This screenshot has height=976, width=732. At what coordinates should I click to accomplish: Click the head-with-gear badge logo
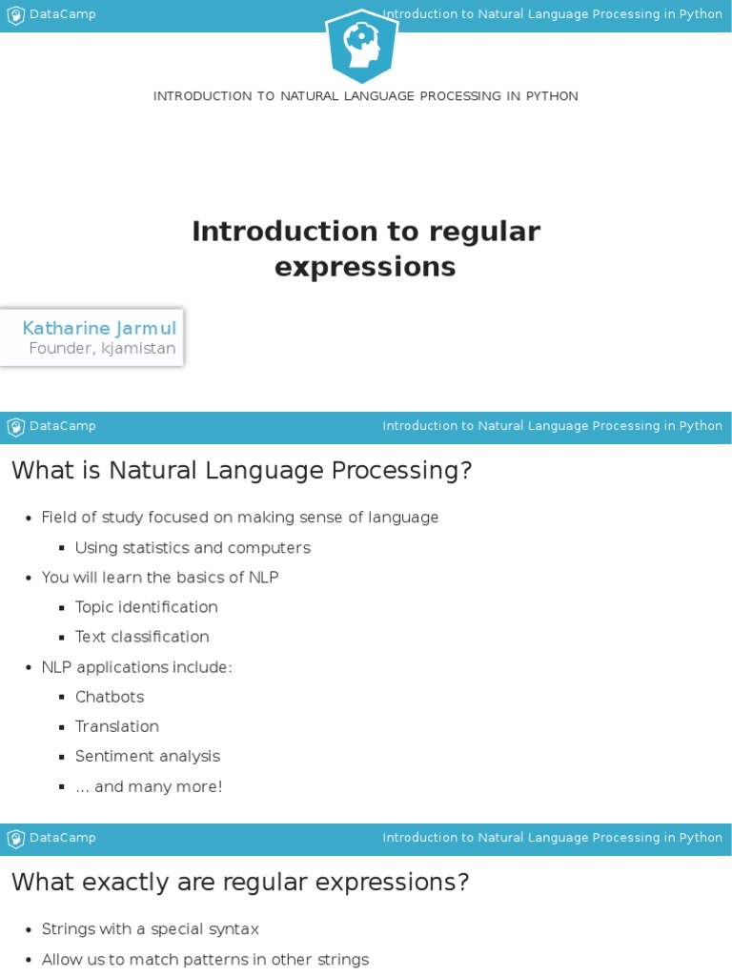point(361,46)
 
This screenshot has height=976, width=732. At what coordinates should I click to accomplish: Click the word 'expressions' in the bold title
point(365,268)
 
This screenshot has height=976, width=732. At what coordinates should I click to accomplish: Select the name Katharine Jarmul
point(99,328)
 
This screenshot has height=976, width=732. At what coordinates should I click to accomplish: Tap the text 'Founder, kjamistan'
point(102,349)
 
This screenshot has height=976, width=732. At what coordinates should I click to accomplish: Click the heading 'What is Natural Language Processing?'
point(241,471)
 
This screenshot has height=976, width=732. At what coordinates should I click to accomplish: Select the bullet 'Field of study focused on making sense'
point(240,518)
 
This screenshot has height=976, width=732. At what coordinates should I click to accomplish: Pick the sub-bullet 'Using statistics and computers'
point(193,548)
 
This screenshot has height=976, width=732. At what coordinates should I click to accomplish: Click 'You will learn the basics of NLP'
point(160,578)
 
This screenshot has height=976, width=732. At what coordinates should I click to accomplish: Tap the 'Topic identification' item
point(147,607)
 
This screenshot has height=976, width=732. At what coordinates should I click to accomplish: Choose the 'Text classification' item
point(142,637)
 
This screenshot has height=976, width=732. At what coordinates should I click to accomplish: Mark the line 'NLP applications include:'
point(137,667)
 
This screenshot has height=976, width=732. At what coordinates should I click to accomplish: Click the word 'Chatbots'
point(110,697)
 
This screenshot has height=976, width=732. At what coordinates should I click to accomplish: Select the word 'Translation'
point(117,726)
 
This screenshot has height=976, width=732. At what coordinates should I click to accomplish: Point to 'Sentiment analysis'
point(148,756)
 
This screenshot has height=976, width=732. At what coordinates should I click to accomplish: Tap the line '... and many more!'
point(149,786)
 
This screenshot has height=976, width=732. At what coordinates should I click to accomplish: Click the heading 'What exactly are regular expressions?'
point(240,883)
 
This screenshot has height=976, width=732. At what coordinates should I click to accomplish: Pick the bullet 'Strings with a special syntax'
point(151,929)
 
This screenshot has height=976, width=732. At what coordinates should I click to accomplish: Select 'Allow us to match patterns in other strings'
point(205,960)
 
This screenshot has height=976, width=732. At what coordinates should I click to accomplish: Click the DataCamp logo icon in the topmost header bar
point(16,15)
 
